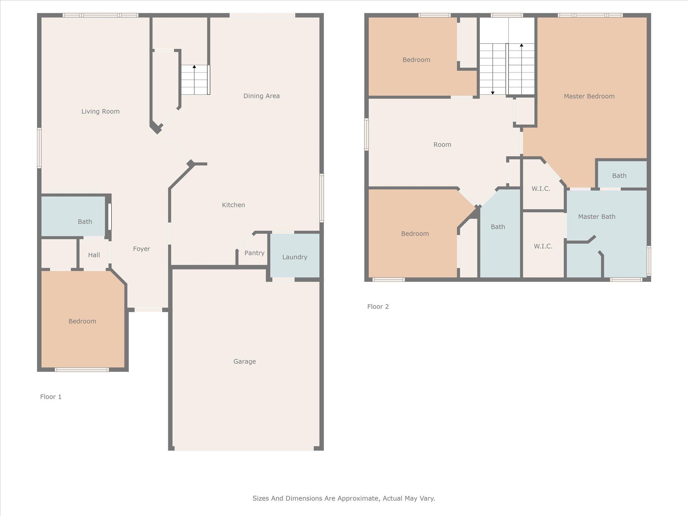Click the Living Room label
(x=100, y=112)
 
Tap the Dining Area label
(x=261, y=96)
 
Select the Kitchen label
(x=233, y=205)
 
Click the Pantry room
(x=254, y=253)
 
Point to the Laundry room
(x=295, y=257)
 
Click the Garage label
(x=245, y=361)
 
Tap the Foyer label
(x=141, y=249)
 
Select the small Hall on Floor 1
(x=94, y=255)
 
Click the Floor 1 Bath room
(x=85, y=222)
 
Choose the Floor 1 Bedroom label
(x=82, y=321)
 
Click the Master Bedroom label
(x=589, y=96)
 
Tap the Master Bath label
(x=597, y=217)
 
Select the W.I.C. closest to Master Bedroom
(x=541, y=189)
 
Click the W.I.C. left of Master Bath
(x=543, y=246)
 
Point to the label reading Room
(x=442, y=145)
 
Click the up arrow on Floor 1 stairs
(x=194, y=67)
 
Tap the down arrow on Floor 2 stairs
(x=492, y=92)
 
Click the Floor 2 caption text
(x=378, y=306)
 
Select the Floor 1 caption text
(x=51, y=397)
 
